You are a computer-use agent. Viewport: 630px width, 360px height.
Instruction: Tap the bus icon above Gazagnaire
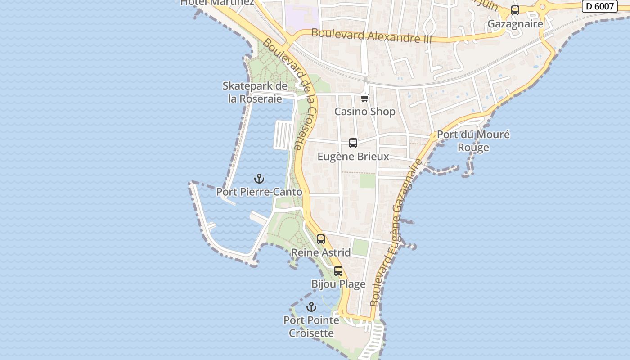coord(515,10)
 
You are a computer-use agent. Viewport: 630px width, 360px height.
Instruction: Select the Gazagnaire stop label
coord(515,24)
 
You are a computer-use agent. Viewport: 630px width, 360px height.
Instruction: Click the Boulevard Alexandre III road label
coord(371,36)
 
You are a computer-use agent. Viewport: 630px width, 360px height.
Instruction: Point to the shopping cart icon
coord(365,98)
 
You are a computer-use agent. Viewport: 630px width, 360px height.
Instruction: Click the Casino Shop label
coord(365,112)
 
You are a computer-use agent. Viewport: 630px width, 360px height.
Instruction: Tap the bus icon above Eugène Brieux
coord(353,143)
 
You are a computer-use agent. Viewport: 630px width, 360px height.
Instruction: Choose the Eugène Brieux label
coord(353,157)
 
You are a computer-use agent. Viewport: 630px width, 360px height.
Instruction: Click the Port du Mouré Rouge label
coord(473,141)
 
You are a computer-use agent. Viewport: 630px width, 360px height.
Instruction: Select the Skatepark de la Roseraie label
coord(255,92)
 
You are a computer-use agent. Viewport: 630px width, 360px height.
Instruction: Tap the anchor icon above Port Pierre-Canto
coord(259,179)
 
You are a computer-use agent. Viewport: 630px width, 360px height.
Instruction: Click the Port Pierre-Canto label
coord(259,192)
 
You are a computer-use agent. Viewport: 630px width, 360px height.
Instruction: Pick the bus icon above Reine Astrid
coord(321,239)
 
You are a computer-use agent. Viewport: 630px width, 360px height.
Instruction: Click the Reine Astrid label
coord(321,252)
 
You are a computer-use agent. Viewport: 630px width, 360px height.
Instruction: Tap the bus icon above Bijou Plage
coord(338,271)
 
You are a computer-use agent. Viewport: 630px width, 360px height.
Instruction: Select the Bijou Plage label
coord(338,284)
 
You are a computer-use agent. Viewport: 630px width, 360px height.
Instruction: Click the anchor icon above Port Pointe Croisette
coord(311,307)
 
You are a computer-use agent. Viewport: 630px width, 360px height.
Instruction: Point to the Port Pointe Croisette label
coord(311,327)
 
